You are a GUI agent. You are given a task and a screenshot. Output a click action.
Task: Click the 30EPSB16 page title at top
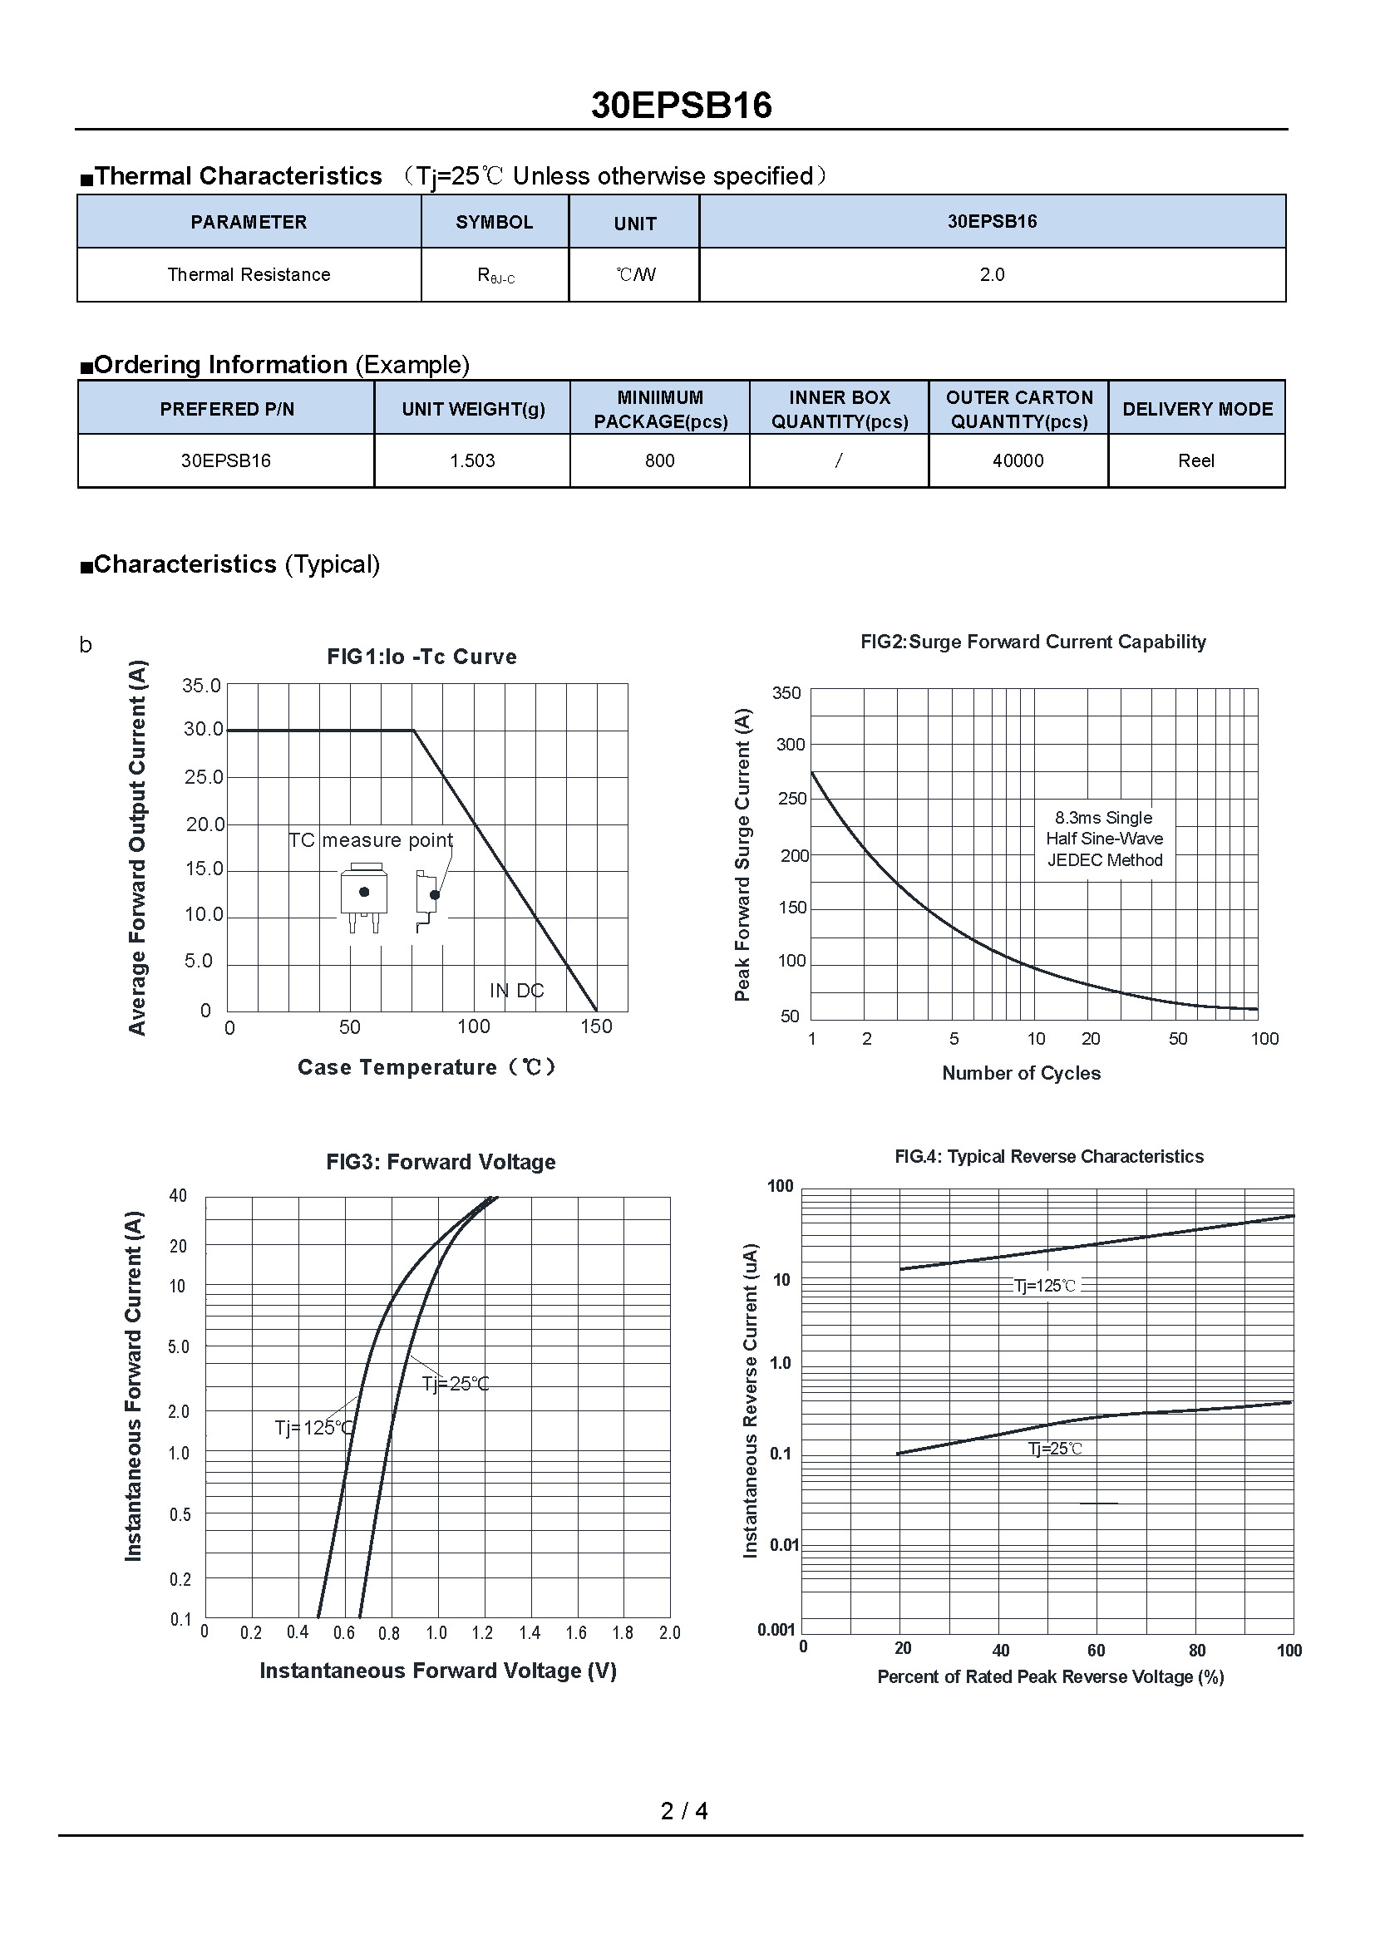(x=681, y=106)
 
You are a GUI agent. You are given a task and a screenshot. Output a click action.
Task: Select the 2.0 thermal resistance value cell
(x=992, y=274)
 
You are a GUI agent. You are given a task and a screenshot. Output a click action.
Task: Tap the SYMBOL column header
(x=495, y=222)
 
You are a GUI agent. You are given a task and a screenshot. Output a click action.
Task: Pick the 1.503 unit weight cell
(x=472, y=460)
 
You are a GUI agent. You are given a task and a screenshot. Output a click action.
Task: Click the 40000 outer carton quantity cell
(x=1018, y=460)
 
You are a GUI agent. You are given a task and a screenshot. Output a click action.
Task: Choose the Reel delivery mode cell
(x=1195, y=460)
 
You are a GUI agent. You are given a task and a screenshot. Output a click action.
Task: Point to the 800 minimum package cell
(x=659, y=460)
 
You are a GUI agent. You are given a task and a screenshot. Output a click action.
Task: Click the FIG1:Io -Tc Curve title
(x=421, y=657)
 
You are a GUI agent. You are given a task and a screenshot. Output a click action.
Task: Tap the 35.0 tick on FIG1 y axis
(x=201, y=685)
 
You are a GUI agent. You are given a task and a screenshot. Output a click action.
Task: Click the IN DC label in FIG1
(x=516, y=990)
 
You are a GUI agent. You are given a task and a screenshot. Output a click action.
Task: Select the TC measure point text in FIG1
(x=371, y=840)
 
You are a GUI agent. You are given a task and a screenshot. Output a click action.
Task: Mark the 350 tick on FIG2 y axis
(x=786, y=692)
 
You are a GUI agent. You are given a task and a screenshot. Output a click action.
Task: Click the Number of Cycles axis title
(x=1021, y=1073)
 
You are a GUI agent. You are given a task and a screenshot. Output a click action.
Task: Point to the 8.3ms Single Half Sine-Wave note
(x=1104, y=839)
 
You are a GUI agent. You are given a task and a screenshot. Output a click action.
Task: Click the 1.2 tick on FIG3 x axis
(x=483, y=1632)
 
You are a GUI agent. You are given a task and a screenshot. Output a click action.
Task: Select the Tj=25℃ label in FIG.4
(x=1055, y=1449)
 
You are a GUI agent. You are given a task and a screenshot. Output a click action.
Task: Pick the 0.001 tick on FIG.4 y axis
(x=776, y=1630)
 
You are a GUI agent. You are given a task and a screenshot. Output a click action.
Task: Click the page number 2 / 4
(x=684, y=1810)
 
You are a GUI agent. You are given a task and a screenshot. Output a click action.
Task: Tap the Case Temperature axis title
(x=426, y=1067)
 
